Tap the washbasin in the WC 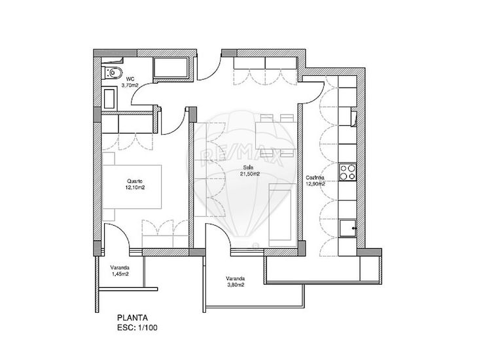click(x=109, y=98)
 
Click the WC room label click(x=130, y=79)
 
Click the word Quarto click(x=135, y=181)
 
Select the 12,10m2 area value click(x=135, y=188)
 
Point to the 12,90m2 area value click(x=315, y=185)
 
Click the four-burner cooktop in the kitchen click(x=347, y=172)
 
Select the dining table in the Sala click(x=275, y=132)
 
